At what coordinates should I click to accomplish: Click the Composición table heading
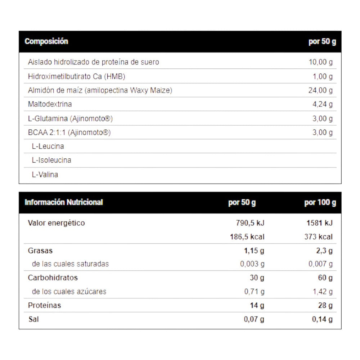[x=46, y=41]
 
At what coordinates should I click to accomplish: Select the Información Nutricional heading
[x=64, y=202]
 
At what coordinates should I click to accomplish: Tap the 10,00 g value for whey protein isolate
[x=320, y=62]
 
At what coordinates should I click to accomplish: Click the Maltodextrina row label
[x=50, y=104]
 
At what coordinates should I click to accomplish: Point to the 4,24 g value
[x=323, y=104]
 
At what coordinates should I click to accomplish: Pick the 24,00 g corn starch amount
[x=320, y=90]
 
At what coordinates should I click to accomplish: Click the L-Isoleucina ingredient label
[x=51, y=160]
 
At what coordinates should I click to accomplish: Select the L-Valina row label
[x=45, y=175]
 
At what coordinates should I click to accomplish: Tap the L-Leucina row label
[x=48, y=147]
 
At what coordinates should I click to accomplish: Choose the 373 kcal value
[x=319, y=237]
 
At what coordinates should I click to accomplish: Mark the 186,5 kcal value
[x=247, y=237]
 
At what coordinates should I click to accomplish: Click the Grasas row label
[x=40, y=251]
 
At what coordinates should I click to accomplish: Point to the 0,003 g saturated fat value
[x=252, y=264]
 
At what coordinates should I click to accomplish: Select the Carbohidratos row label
[x=53, y=278]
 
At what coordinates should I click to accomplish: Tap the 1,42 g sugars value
[x=323, y=292]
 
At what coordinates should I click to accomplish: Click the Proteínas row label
[x=45, y=305]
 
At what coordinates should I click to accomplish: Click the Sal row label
[x=33, y=319]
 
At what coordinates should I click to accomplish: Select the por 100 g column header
[x=320, y=203]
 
